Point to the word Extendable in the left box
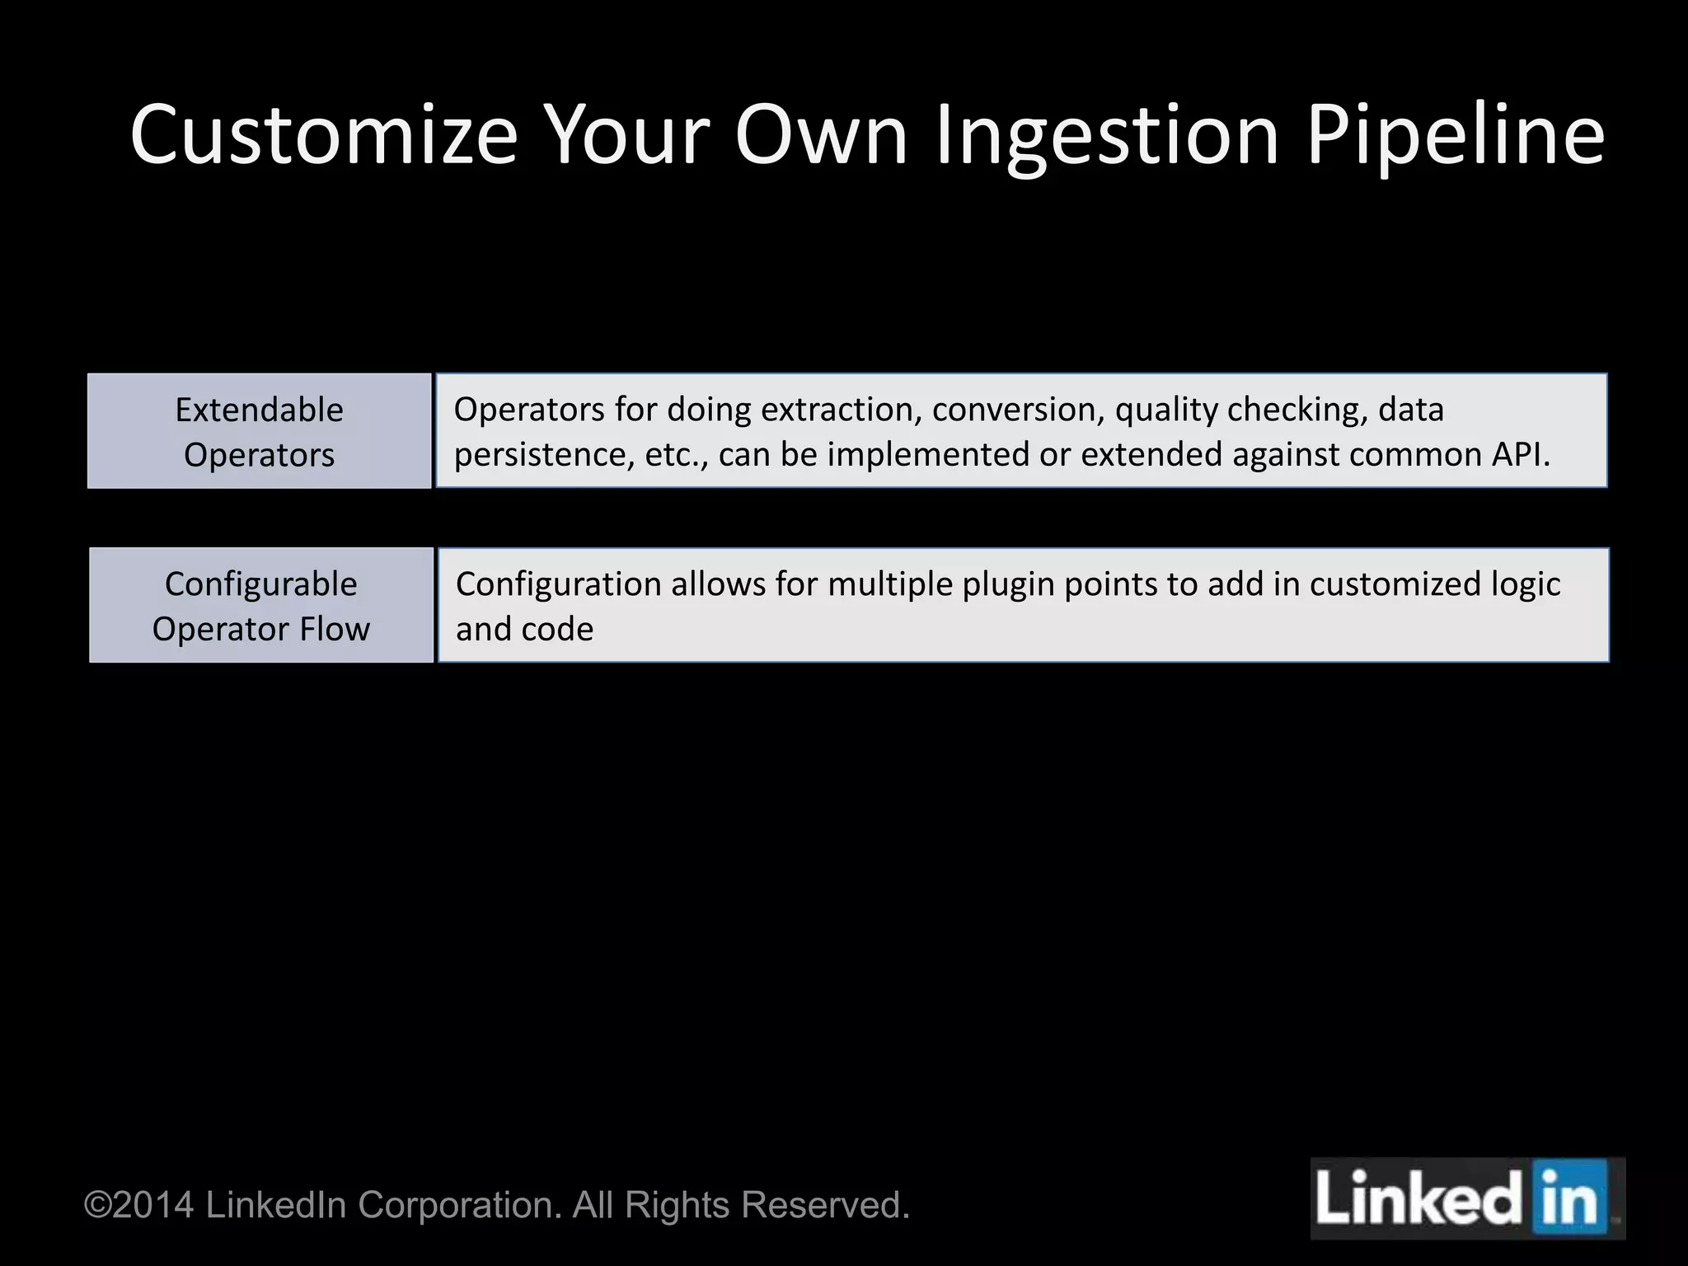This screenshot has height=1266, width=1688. pos(259,410)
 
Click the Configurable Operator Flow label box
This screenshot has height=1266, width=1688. pos(260,605)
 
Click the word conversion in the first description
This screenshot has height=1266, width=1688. pos(1019,410)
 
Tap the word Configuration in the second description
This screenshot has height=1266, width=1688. pos(559,584)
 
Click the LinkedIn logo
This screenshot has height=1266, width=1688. pos(1467,1199)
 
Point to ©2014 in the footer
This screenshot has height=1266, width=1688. pos(139,1205)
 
